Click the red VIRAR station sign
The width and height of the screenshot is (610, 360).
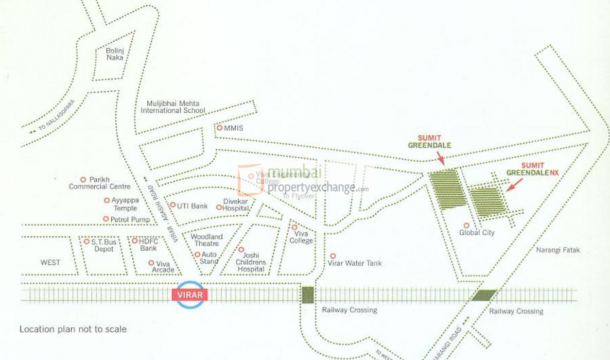[190, 295]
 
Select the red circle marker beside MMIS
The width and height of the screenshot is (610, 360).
[219, 128]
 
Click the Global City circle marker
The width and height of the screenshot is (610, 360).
[466, 225]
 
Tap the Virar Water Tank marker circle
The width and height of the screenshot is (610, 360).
[333, 255]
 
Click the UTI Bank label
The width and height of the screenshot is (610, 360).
[192, 206]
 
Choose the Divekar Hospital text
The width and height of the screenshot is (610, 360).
[236, 205]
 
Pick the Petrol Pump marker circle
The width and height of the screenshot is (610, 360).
[106, 219]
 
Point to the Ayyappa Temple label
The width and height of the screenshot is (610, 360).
[124, 204]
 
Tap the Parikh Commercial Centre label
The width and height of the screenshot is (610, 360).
[100, 183]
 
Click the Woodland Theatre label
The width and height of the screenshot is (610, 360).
[207, 241]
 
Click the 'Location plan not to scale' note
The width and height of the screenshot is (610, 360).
[73, 329]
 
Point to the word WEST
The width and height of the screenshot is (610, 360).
[50, 262]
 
